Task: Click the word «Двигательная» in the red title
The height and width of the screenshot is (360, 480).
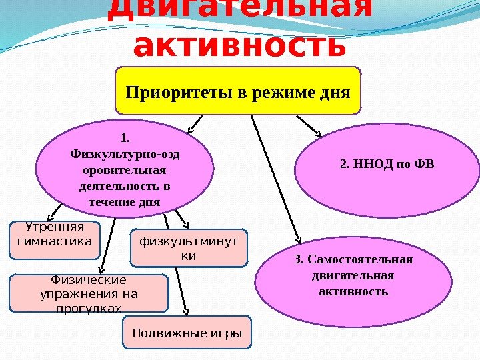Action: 240,9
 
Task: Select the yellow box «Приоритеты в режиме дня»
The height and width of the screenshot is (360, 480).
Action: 238,89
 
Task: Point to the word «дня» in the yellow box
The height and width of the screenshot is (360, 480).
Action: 335,91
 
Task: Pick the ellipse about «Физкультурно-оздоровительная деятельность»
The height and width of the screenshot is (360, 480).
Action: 125,169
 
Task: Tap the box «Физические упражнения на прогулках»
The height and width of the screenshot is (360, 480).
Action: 88,293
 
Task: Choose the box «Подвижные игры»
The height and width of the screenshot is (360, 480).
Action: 187,333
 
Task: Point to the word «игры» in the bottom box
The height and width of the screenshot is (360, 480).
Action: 227,333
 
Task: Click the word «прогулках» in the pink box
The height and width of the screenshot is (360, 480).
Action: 89,307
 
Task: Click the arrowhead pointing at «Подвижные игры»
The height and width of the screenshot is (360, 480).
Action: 187,311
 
